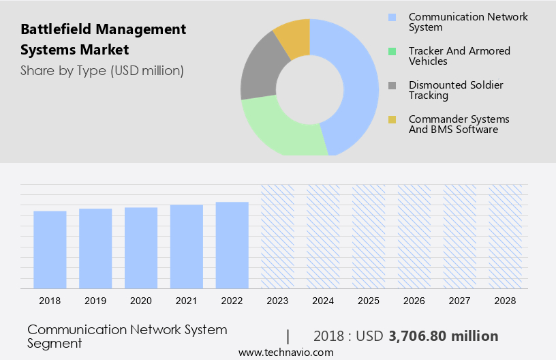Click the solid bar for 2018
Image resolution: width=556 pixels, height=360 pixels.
click(50, 249)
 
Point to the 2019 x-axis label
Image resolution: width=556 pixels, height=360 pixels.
click(95, 301)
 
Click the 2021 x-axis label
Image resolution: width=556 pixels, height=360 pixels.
click(187, 301)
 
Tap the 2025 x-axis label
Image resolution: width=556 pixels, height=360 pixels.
click(369, 301)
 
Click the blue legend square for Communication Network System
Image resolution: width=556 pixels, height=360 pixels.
click(392, 17)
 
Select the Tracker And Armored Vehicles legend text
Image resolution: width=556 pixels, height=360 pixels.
click(459, 56)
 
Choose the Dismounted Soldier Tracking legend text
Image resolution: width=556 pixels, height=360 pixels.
click(456, 90)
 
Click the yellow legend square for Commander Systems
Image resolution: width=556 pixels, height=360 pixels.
click(392, 119)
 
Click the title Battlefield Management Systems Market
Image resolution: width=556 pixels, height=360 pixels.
click(103, 40)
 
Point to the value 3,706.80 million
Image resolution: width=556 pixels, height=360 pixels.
click(443, 336)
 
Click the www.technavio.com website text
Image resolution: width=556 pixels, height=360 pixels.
click(285, 352)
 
